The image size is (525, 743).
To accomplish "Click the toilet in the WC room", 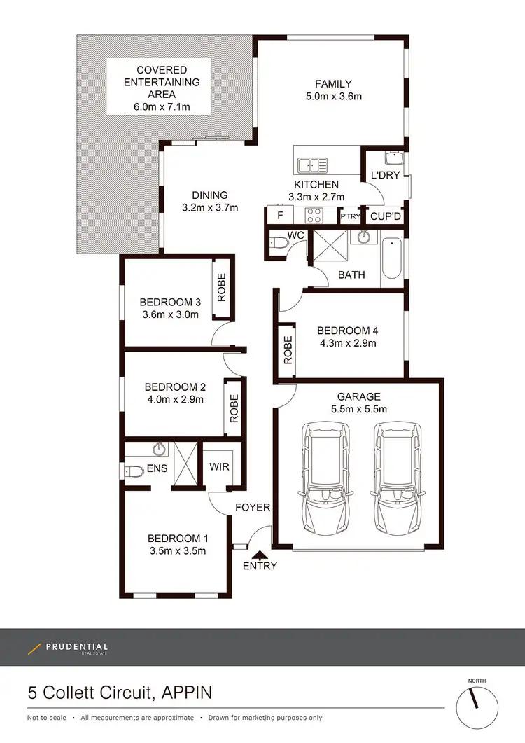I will [279, 243].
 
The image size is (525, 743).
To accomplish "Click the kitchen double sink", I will [312, 165].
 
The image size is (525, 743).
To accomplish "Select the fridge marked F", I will [280, 216].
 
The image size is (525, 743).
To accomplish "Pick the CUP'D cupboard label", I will [384, 216].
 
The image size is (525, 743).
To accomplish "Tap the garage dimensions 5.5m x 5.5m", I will [358, 409].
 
